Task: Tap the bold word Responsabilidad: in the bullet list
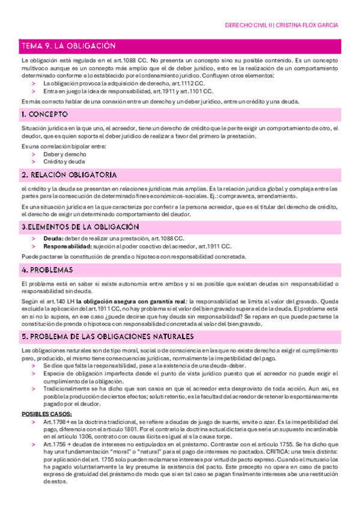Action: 67,247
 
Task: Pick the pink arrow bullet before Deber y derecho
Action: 34,155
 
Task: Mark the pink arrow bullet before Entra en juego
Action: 34,91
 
